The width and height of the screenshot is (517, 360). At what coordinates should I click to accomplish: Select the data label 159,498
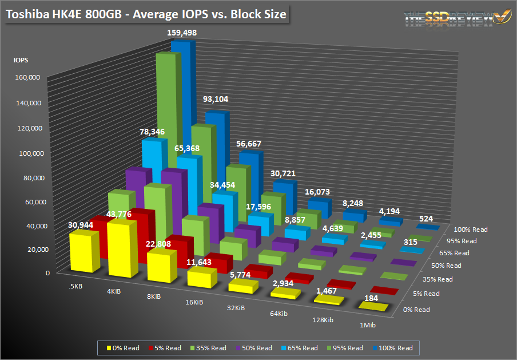coord(178,33)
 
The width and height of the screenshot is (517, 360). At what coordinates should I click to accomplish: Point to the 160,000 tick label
coord(27,78)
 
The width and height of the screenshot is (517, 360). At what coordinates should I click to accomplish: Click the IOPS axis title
coord(21,60)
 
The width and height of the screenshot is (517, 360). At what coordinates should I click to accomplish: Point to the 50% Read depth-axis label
coord(446,266)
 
